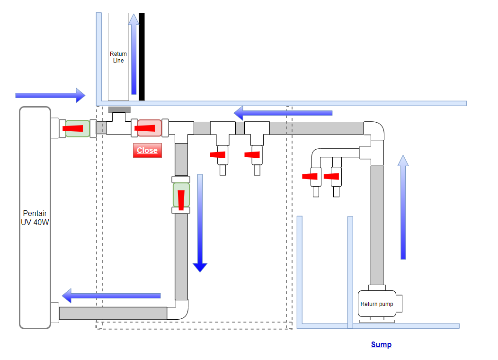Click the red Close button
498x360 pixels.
pos(147,150)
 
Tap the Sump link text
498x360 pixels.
pos(381,344)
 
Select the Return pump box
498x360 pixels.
pos(377,304)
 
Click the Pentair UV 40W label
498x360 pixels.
pos(35,217)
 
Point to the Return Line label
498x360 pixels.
pos(118,57)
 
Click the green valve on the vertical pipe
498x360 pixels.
pos(181,195)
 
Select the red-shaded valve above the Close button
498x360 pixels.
pos(149,128)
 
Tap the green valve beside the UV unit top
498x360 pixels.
pos(77,128)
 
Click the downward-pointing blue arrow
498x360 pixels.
pos(200,223)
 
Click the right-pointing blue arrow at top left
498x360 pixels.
pos(50,95)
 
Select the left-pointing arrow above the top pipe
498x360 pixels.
pos(283,113)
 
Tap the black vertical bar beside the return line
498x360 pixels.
pos(142,57)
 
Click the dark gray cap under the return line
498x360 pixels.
pos(119,110)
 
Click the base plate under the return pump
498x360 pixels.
pos(377,321)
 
